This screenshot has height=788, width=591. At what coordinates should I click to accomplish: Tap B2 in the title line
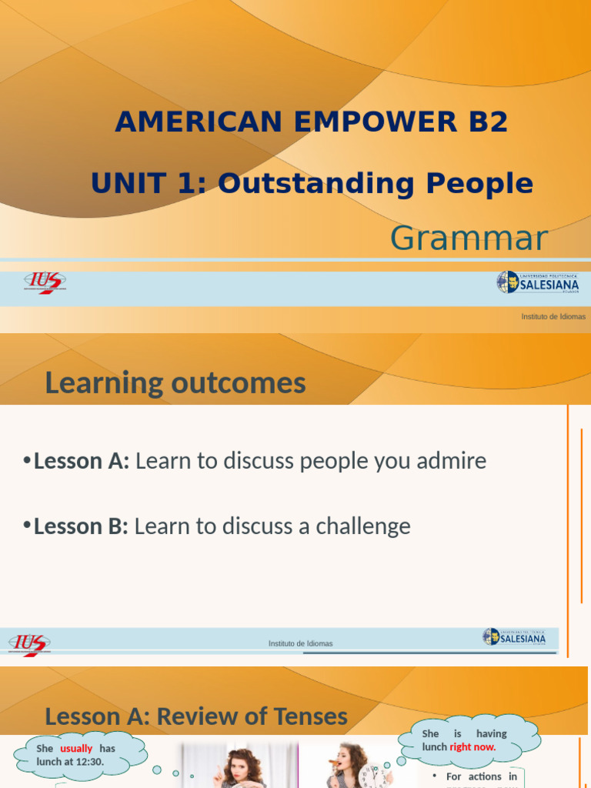[485, 122]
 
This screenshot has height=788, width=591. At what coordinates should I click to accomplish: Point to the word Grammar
[469, 239]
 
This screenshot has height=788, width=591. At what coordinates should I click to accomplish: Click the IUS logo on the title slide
[45, 283]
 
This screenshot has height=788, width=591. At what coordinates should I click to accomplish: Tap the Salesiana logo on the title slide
[538, 282]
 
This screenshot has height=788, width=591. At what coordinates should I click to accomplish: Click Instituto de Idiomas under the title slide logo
[553, 316]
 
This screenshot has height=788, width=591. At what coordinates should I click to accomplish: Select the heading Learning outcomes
[175, 382]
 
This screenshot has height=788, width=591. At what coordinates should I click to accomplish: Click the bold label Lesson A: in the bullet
[82, 461]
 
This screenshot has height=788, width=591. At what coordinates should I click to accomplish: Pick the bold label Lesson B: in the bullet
[81, 526]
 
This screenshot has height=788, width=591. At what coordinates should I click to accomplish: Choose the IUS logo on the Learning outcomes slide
[29, 643]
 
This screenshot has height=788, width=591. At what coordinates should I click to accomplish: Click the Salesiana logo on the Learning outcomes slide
[515, 637]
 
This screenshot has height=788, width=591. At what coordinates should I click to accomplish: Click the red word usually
[76, 748]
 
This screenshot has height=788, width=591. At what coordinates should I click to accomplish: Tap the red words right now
[472, 746]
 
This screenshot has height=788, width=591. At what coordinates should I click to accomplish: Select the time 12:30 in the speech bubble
[90, 761]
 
